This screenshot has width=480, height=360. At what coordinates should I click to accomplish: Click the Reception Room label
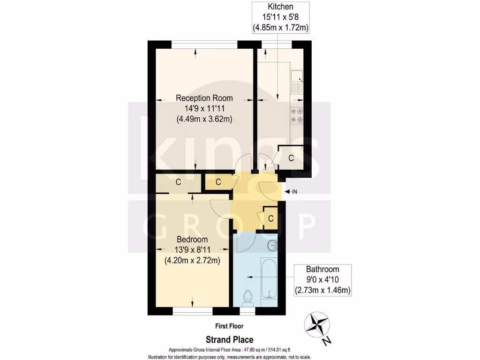tap(204, 98)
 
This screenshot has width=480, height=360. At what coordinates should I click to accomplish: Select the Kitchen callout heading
tap(280, 7)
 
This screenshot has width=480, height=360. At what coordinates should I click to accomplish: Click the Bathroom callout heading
tap(322, 269)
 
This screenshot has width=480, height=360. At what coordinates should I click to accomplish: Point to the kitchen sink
tap(297, 82)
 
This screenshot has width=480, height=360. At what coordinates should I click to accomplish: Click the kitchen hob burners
tap(297, 116)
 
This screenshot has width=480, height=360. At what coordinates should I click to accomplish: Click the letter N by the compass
tap(327, 341)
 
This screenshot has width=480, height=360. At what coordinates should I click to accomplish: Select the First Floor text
tap(229, 326)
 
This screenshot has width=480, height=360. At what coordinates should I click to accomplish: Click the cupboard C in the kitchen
tap(291, 158)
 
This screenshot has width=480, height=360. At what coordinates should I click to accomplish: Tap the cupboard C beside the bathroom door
tap(270, 218)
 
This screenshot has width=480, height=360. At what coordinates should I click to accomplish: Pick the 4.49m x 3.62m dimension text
tap(204, 119)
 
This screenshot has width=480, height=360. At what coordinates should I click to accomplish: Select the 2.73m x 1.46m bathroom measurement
tap(322, 290)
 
